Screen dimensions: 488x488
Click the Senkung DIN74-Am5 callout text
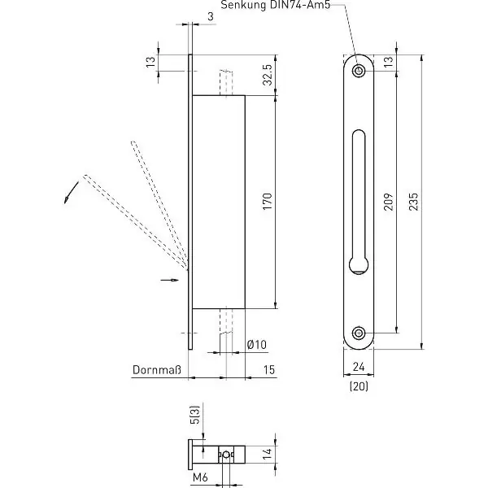tap(276, 6)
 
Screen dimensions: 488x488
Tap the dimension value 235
tap(413, 202)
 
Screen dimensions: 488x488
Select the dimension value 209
tap(388, 202)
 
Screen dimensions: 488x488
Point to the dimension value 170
tap(267, 202)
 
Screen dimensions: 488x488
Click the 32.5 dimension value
tap(267, 75)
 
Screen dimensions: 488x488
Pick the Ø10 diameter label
tap(257, 345)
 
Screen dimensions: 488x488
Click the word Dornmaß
tap(156, 370)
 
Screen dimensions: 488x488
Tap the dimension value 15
tap(269, 370)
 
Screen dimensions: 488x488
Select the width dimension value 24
tap(359, 367)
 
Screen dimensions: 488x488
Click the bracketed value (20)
tap(359, 386)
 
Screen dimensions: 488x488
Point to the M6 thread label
tap(200, 477)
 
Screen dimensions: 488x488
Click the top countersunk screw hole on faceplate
tap(359, 71)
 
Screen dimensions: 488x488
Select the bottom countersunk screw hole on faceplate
tap(359, 333)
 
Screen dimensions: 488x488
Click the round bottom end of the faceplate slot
tap(359, 265)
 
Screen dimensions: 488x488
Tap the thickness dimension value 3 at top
tap(211, 16)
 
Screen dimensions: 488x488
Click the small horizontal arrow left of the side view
tap(170, 280)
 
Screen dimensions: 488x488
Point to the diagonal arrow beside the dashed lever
tap(72, 193)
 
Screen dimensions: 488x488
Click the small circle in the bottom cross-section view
tap(227, 455)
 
